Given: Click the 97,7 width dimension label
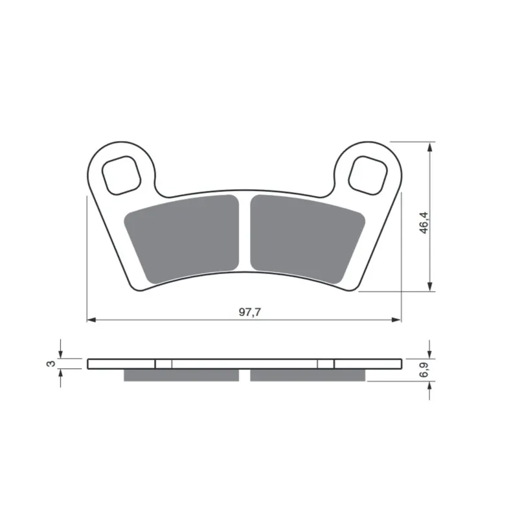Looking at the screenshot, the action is (x=250, y=312).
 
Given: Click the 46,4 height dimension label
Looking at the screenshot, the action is (x=424, y=223).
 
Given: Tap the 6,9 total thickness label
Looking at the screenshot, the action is (x=424, y=370).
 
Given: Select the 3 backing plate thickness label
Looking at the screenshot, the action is (x=51, y=363).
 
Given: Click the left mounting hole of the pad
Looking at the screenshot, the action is (x=121, y=175).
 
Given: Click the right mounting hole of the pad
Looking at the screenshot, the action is (x=368, y=175).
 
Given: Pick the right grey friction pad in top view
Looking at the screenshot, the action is (x=307, y=238).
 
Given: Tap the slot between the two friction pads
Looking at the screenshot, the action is (x=245, y=232).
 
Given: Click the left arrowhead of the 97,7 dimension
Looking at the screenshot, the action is (x=91, y=320).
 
